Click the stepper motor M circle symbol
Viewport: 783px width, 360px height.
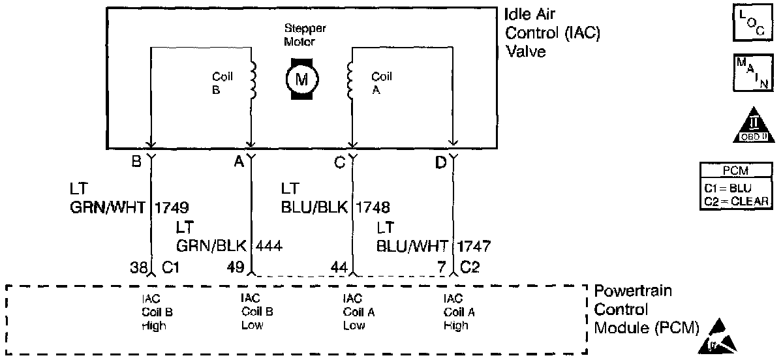pyautogui.click(x=301, y=79)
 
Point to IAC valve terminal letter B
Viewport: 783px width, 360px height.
pyautogui.click(x=136, y=162)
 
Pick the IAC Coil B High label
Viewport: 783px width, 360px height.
pyautogui.click(x=157, y=312)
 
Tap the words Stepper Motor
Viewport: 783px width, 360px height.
pyautogui.click(x=305, y=35)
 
